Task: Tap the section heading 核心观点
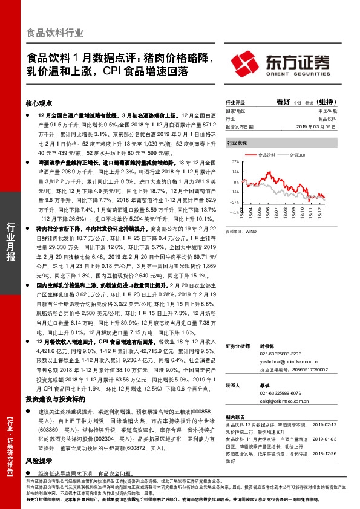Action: [x=39, y=103]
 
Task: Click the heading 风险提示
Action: [x=38, y=443]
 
